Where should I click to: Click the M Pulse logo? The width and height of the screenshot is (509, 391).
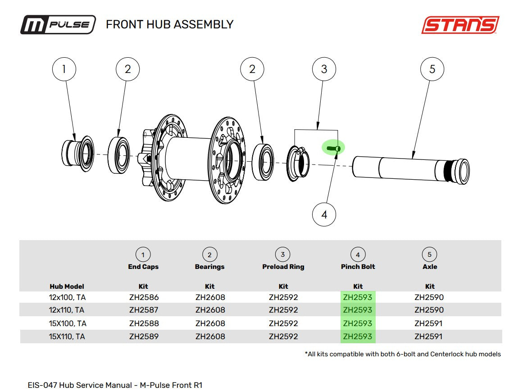click(58, 25)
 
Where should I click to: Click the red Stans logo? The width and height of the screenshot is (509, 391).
click(460, 25)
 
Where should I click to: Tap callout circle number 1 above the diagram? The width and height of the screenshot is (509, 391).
click(64, 69)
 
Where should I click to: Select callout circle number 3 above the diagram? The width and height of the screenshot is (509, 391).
click(324, 69)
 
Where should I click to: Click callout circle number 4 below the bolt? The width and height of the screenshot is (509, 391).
click(324, 215)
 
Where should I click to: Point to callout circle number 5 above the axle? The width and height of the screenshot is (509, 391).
click(432, 69)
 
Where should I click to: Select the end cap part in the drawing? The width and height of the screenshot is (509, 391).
click(78, 154)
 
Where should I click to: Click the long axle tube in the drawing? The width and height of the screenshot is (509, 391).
click(411, 169)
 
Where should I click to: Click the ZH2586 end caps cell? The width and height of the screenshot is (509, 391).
click(144, 297)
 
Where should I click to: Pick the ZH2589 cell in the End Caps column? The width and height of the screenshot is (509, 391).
click(144, 336)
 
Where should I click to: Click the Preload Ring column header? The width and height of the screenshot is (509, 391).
click(283, 267)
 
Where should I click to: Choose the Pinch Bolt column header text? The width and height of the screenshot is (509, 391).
click(358, 267)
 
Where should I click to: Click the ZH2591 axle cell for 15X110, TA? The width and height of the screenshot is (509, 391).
click(428, 336)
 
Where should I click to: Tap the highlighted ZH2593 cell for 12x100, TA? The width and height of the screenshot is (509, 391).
click(358, 297)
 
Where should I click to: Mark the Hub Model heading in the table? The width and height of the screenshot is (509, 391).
click(67, 286)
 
